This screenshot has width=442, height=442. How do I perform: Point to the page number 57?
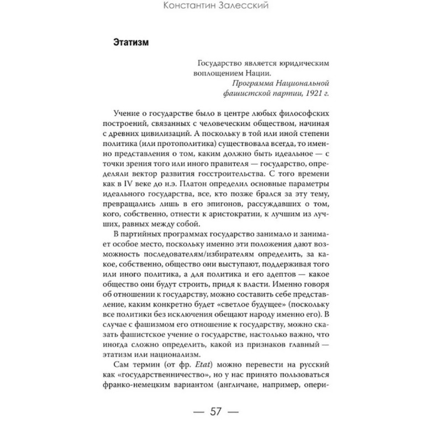click(x=220, y=412)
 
